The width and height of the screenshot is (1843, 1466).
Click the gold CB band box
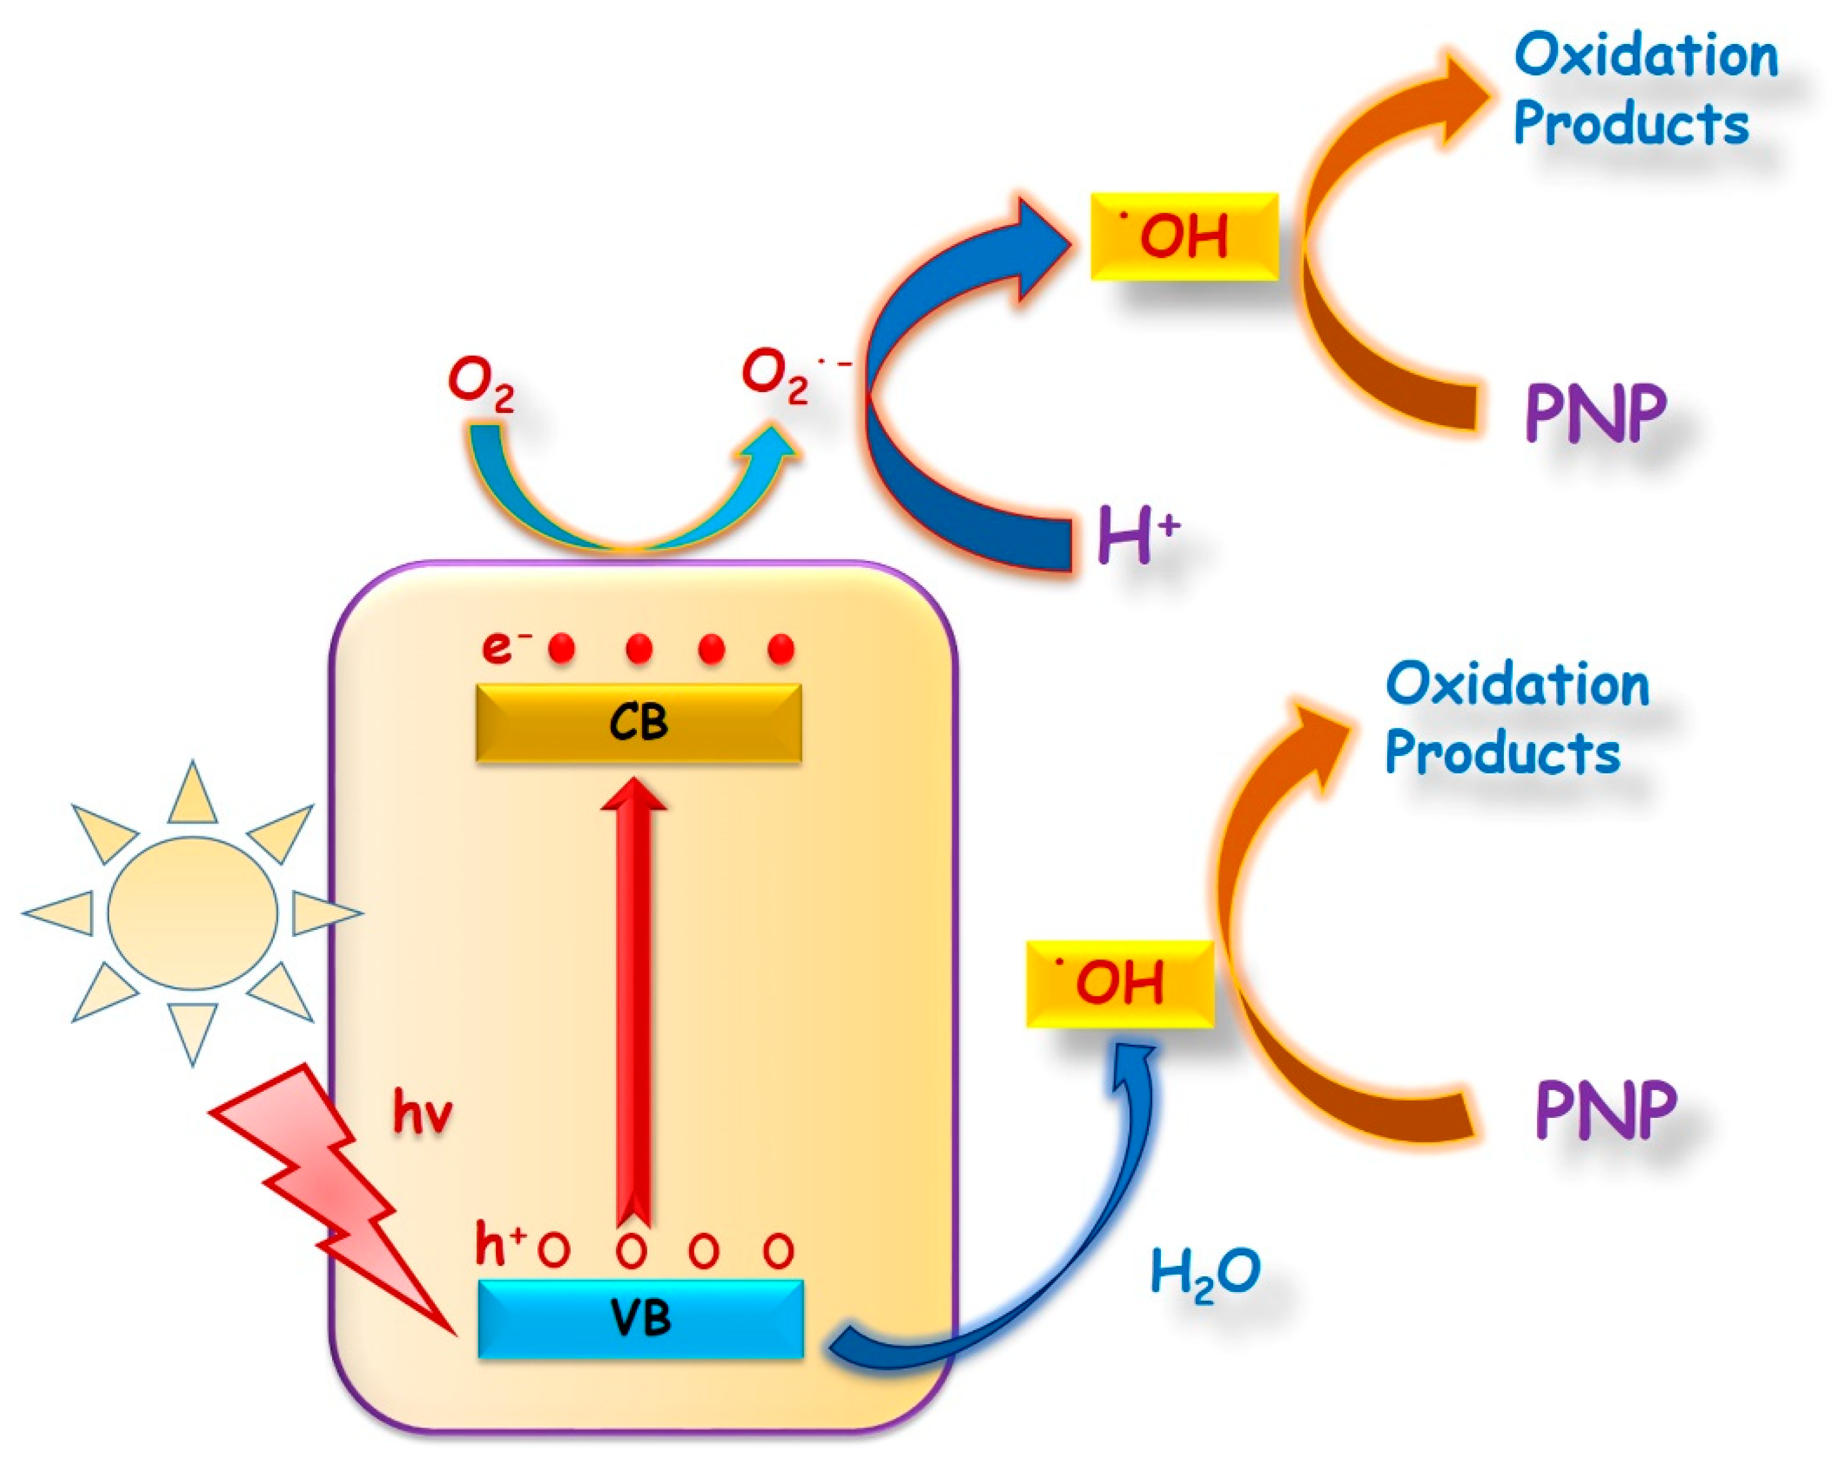click(639, 722)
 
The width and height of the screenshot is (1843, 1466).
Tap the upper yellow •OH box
click(1184, 236)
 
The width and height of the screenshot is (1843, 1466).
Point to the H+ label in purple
click(1137, 534)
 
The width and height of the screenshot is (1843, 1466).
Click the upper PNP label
click(1596, 413)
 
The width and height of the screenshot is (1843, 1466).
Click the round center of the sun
click(193, 912)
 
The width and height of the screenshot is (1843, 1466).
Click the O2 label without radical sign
click(481, 384)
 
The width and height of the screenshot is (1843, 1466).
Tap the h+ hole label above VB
click(499, 1245)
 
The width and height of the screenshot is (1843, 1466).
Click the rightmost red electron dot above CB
click(780, 649)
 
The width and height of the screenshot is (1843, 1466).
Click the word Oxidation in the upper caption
click(1645, 55)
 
